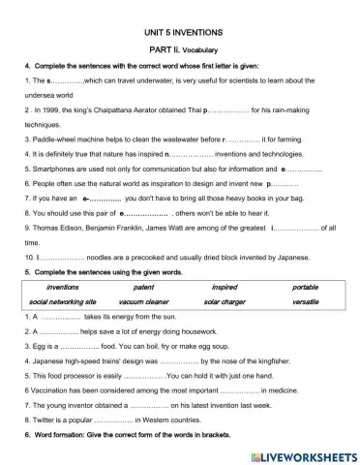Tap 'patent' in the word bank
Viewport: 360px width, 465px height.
pos(143,288)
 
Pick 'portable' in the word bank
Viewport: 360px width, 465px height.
pos(306,288)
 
